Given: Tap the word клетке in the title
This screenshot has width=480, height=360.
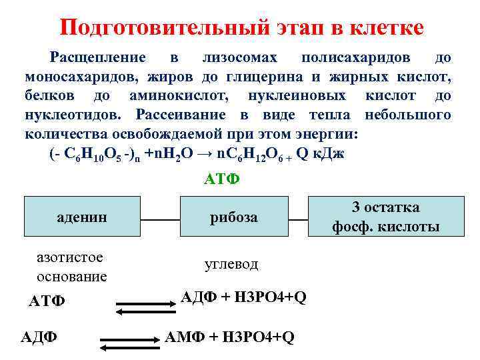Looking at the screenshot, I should click(381, 27).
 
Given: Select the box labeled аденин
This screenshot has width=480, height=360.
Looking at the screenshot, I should click(81, 217).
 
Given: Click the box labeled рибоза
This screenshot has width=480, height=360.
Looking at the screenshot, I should click(233, 217).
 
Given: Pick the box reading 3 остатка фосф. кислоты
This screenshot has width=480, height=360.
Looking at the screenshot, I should click(385, 217).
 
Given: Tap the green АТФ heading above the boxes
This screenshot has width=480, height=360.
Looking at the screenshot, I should click(220, 180).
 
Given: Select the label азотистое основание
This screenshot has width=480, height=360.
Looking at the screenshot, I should click(72, 267).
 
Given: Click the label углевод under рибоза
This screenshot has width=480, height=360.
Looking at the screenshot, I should click(231, 265).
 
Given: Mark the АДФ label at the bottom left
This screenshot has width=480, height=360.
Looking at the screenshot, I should click(39, 337).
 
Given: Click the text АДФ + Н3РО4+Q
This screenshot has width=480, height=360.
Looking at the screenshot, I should click(244, 297).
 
